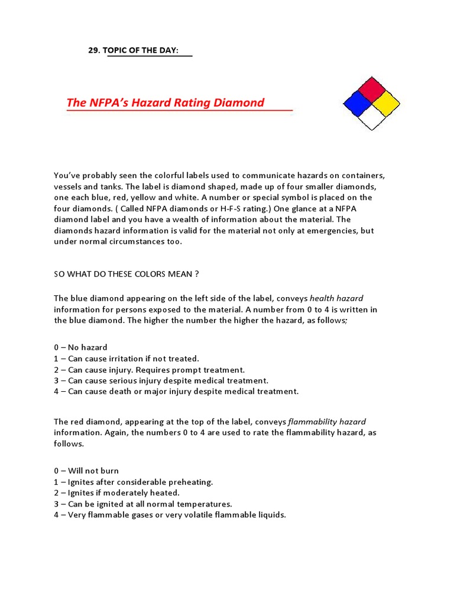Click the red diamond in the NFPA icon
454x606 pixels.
pos(372,89)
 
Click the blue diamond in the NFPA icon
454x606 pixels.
pos(357,104)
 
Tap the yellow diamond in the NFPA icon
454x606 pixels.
pos(387,104)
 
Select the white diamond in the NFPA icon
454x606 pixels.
pos(372,117)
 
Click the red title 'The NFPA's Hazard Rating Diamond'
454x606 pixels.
pos(166,103)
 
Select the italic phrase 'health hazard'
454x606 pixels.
pos(336,298)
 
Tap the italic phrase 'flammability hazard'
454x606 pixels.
pos(327,422)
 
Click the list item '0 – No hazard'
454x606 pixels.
pos(80,347)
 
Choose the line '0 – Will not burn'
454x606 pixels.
pos(86,471)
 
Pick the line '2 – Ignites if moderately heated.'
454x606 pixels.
pos(116,493)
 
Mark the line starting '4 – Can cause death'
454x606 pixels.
pos(176,391)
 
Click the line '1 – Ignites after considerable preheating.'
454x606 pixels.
pos(133,482)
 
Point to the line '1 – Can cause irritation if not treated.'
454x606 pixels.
pos(127,359)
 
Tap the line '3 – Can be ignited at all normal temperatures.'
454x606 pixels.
pos(143,504)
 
